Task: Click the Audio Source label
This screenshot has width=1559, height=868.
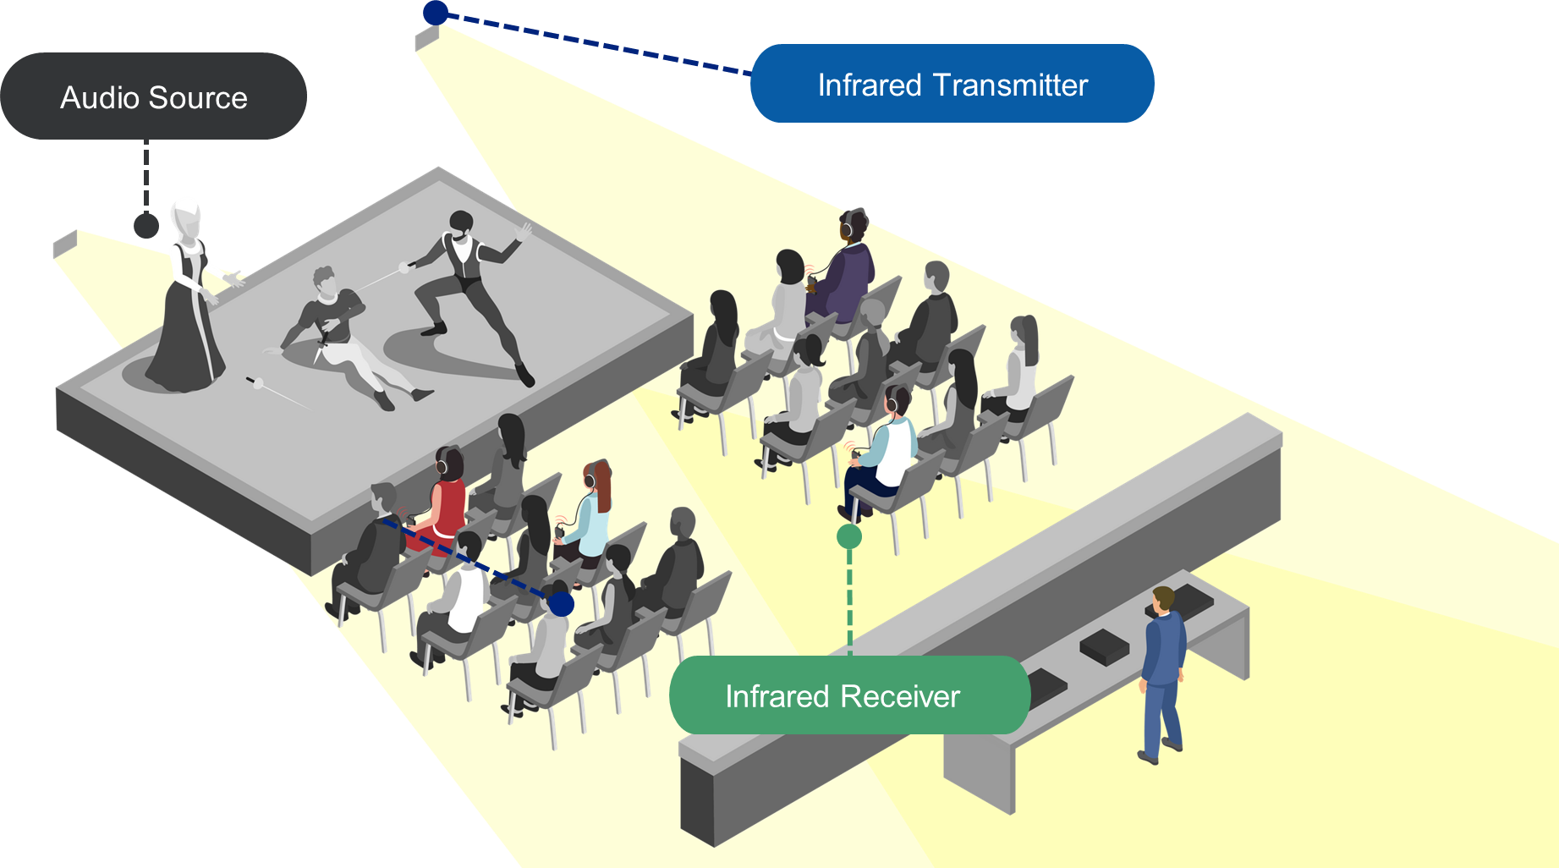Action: coord(153,96)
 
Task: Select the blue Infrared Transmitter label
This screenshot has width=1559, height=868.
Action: coord(952,84)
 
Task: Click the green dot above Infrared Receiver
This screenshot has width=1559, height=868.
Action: coord(848,536)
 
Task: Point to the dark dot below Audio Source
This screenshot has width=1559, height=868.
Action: coord(146,225)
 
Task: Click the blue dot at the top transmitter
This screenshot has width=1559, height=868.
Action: coord(435,12)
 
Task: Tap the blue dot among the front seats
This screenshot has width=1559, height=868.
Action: coord(561,603)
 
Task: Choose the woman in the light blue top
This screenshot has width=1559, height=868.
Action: coord(589,516)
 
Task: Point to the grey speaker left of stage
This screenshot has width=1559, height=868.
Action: coord(65,244)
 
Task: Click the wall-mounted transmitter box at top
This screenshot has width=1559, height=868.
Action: coord(426,38)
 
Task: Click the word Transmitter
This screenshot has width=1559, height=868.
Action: coord(1010,85)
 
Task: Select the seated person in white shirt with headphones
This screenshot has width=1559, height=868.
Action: coord(888,448)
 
